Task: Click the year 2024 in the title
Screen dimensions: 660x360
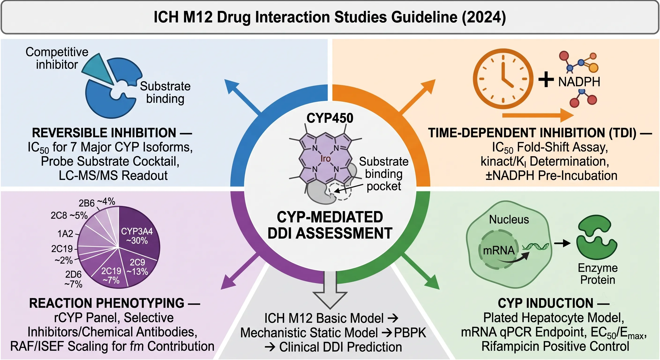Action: coord(484,17)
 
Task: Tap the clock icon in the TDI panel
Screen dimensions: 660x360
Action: coord(503,79)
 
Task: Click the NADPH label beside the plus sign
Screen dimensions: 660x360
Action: coord(579,82)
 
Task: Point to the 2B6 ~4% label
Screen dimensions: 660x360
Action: coord(97,202)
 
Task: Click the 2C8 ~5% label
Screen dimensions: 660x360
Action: coord(69,215)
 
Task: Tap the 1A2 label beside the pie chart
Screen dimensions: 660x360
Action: coord(65,234)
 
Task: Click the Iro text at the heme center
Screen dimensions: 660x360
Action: coord(325,159)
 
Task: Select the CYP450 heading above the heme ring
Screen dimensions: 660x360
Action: coord(330,118)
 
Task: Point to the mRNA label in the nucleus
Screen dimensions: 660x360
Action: coord(499,250)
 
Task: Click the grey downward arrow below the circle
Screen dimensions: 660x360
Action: coord(330,289)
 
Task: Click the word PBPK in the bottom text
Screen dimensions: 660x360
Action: coord(410,333)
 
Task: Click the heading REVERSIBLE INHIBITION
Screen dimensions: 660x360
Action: coord(104,133)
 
